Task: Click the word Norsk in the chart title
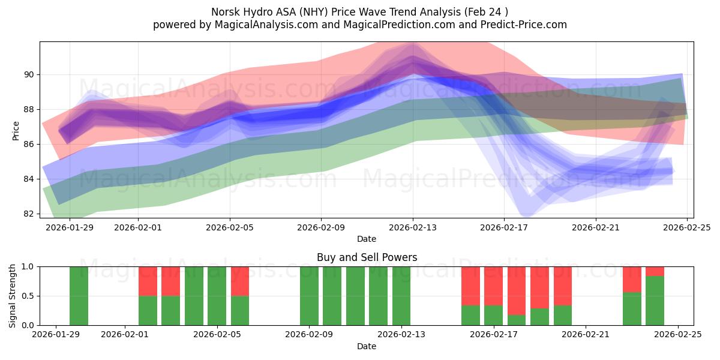pyautogui.click(x=226, y=12)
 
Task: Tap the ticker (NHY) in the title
pyautogui.click(x=315, y=12)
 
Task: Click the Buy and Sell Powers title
pyautogui.click(x=367, y=257)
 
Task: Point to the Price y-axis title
pyautogui.click(x=16, y=130)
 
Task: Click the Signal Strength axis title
pyautogui.click(x=13, y=296)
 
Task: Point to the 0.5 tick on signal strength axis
pyautogui.click(x=26, y=296)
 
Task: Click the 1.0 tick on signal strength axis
pyautogui.click(x=26, y=266)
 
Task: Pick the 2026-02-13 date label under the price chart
pyautogui.click(x=413, y=227)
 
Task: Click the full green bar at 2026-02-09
pyautogui.click(x=309, y=296)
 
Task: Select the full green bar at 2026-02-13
pyautogui.click(x=401, y=296)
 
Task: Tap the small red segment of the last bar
pyautogui.click(x=655, y=271)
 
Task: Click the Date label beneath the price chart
pyautogui.click(x=367, y=239)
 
